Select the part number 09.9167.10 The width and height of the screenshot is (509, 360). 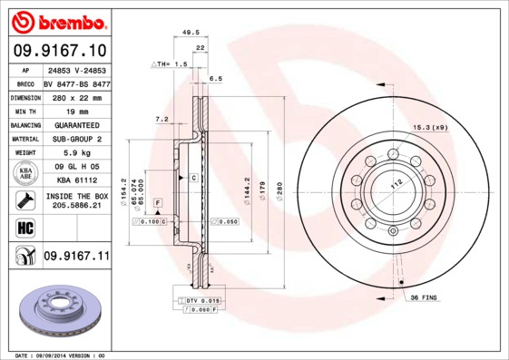tap(59, 51)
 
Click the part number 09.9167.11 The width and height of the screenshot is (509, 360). tap(76, 257)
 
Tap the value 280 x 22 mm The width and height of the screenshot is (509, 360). tap(75, 97)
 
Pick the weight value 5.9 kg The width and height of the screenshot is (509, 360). tap(75, 153)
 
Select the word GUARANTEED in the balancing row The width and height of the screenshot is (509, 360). tap(75, 125)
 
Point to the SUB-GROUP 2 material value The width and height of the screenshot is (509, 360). tap(75, 139)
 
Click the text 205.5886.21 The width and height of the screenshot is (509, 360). tap(76, 206)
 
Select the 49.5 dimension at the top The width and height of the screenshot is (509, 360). tap(191, 32)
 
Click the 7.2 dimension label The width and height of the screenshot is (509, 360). tap(162, 119)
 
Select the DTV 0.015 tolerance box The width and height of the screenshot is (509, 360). tap(201, 300)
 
